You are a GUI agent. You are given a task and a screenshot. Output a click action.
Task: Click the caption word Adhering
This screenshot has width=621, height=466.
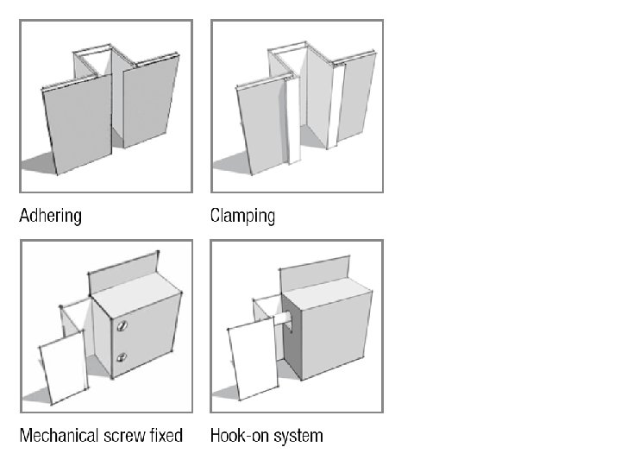pos(51,215)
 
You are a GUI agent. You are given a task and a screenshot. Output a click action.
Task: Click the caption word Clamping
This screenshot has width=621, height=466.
pos(242,215)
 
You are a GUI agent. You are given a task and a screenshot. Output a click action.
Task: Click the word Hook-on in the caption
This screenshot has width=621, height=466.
pos(236,435)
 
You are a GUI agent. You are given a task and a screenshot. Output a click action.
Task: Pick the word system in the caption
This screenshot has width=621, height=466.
pos(295,435)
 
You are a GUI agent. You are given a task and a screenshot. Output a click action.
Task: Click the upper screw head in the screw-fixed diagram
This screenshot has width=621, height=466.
pos(122,326)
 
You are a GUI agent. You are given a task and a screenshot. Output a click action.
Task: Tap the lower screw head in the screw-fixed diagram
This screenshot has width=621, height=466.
pos(122,356)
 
